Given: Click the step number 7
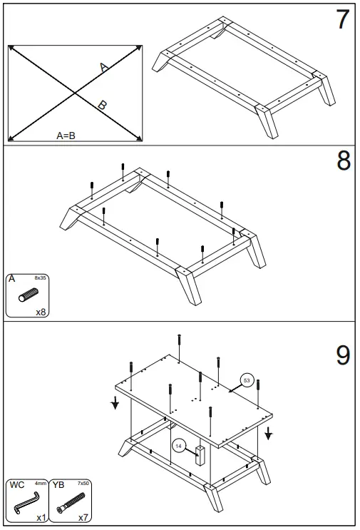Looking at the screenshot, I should pos(343,20).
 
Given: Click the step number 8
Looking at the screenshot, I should pos(343,161).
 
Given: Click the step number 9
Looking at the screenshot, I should pos(343,355).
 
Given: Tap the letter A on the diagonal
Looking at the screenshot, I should pos(104,68).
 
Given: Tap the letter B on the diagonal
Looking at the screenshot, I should pos(103,106).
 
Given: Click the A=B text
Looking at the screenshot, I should pos(66,135).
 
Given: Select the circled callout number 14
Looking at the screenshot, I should pos(179,446).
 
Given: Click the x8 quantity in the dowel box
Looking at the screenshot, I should pos(41,312).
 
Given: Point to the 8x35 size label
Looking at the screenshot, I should pos(41,278).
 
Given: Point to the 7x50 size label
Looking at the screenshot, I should pos(83,484).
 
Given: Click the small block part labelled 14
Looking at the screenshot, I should pos(201,454).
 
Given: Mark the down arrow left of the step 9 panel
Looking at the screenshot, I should pos(115,404).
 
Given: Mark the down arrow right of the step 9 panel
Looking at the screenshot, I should pos(269,433).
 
